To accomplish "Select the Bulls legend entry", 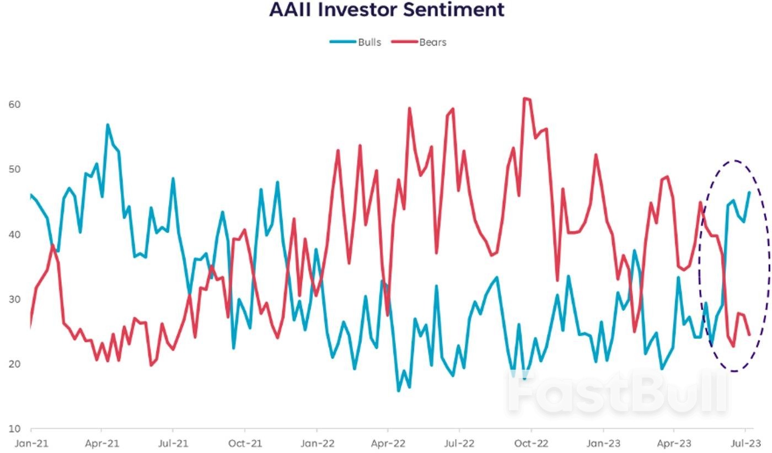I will click(369, 42).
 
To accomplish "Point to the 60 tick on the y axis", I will click(15, 104).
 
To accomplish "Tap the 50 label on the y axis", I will click(15, 169).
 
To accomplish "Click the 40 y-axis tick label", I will click(15, 234).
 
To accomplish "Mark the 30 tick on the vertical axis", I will click(15, 299).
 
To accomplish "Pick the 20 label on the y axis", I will click(15, 364).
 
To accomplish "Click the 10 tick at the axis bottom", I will click(15, 429).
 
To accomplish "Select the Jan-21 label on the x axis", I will click(31, 443).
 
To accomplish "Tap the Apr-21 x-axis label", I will click(102, 443).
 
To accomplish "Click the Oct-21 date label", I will click(245, 443).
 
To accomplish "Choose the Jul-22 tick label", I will click(459, 443).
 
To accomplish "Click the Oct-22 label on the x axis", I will click(531, 443).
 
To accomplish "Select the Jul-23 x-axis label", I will click(746, 443).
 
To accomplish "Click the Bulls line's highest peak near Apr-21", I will click(108, 125).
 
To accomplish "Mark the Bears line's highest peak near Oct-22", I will click(525, 98).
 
